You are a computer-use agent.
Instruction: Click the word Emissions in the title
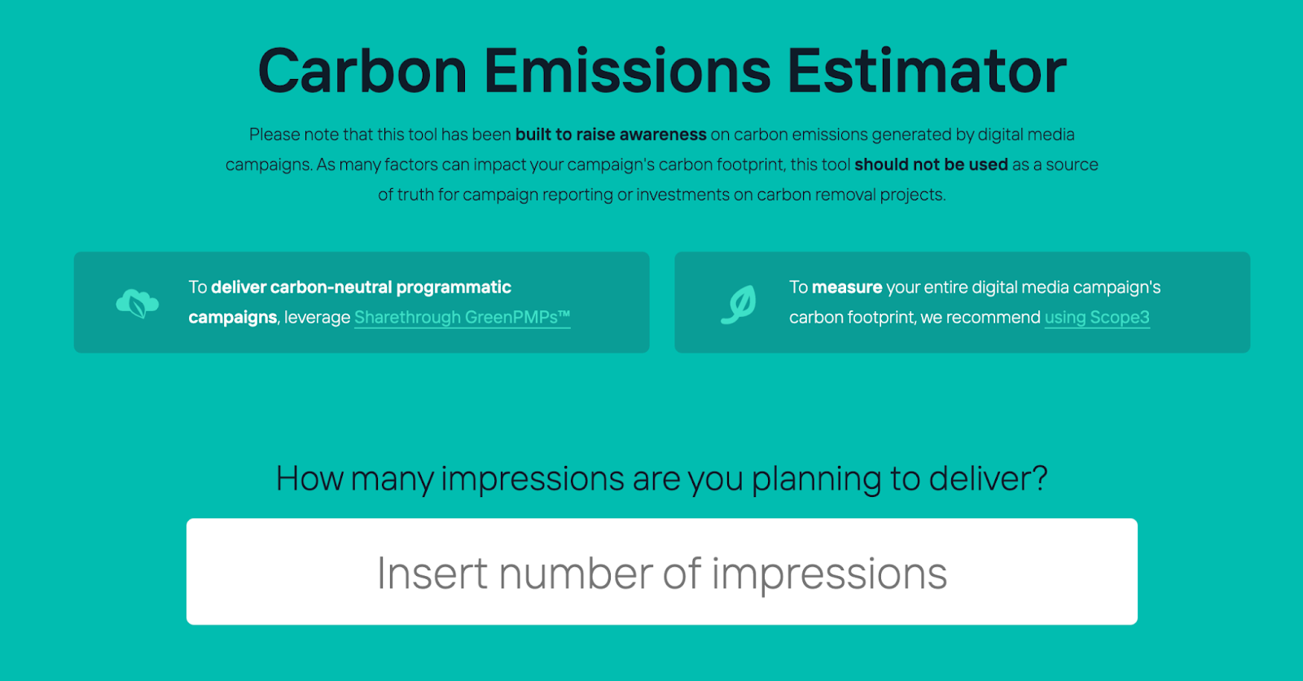tap(627, 72)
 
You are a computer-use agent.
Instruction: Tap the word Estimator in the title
tap(926, 72)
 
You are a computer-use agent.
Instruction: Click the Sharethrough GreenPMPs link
tap(462, 318)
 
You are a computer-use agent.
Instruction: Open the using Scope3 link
tap(1096, 318)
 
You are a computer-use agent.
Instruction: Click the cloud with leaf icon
tap(137, 303)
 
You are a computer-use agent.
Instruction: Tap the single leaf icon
tap(739, 304)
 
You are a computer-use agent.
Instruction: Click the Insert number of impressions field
tap(661, 572)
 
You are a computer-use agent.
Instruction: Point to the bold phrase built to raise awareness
tap(611, 134)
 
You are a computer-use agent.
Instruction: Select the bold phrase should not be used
tap(931, 165)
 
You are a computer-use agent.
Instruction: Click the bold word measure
tap(847, 288)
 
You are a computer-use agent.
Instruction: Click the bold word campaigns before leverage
tap(232, 318)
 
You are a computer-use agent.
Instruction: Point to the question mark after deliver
tap(1038, 479)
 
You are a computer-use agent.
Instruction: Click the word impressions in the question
tap(533, 479)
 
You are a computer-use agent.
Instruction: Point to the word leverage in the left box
tap(317, 318)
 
